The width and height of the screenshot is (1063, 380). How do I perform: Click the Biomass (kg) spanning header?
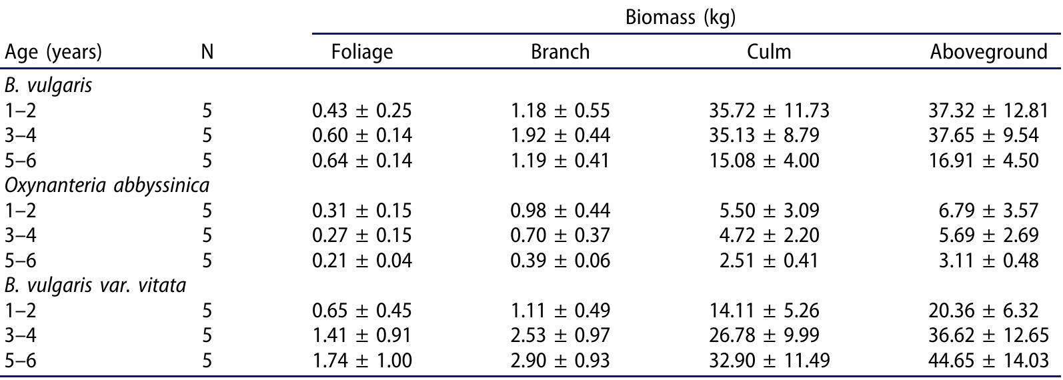tap(680, 17)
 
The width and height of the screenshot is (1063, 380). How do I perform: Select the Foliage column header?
tap(361, 51)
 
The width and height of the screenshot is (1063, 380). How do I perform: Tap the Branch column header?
tap(560, 51)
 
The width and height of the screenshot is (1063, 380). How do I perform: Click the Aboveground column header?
tap(988, 51)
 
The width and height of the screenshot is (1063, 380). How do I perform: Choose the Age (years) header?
tap(53, 51)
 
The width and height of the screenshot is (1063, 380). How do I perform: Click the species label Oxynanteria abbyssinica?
tap(97, 185)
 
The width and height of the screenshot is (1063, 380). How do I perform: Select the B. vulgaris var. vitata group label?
tap(95, 285)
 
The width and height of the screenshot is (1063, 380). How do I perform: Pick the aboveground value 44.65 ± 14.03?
tap(988, 361)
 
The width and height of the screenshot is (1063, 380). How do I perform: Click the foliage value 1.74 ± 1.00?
tap(361, 361)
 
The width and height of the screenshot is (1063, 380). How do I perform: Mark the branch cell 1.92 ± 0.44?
tap(560, 135)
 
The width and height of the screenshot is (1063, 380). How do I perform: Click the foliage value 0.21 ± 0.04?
tap(361, 260)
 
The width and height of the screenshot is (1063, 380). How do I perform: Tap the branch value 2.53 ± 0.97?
tap(560, 335)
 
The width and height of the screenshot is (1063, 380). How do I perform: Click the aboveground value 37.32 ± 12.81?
tap(988, 110)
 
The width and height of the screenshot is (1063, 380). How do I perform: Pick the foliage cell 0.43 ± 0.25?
tap(361, 110)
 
